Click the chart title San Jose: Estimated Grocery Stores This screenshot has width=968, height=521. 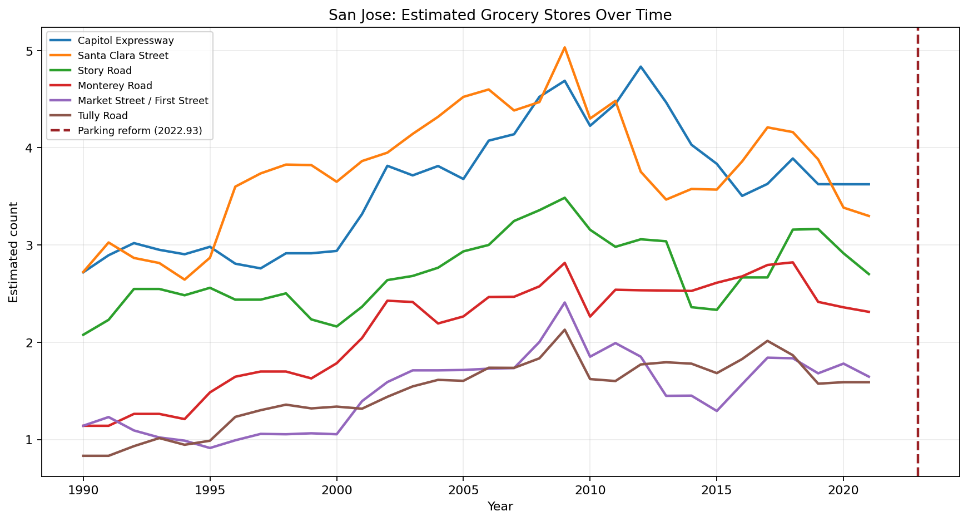pos(500,15)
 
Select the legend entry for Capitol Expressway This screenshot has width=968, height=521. pos(126,41)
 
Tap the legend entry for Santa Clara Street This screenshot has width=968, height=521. pos(123,56)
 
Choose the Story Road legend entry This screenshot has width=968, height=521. pos(105,71)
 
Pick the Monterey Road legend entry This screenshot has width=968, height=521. pos(115,86)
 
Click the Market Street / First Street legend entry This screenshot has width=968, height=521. pos(143,101)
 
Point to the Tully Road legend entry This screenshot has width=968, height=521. pos(103,116)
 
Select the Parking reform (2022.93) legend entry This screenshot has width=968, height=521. pos(140,131)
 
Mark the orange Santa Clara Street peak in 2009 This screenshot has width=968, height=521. pos(564,48)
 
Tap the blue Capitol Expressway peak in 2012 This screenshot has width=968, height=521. pos(641,67)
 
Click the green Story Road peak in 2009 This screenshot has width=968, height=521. pos(564,198)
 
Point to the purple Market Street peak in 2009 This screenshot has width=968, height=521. pos(564,303)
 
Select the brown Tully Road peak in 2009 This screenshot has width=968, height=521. pos(564,330)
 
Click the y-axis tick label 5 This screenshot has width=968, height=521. pos(31,51)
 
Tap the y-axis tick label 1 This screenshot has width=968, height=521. pos(31,440)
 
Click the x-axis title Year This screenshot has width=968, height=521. pos(500,507)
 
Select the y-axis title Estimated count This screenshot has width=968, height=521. pos(14,252)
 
